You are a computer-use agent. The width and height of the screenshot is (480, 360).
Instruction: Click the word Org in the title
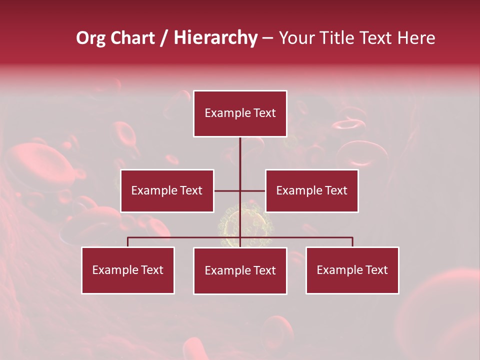[x=91, y=38]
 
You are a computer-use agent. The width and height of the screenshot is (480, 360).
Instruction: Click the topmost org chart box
[x=240, y=113]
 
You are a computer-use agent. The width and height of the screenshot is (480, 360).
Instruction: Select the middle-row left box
[x=167, y=190]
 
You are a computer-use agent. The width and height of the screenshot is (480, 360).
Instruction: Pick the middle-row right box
[x=311, y=190]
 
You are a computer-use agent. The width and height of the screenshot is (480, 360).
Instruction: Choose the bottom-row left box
[x=128, y=270]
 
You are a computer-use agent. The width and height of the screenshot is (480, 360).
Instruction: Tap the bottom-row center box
[x=240, y=270]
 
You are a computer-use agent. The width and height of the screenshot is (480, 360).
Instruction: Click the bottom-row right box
[x=352, y=270]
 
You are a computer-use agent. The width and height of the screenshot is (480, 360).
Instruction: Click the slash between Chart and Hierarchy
[x=164, y=38]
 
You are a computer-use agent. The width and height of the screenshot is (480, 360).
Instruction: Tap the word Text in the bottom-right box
[x=376, y=270]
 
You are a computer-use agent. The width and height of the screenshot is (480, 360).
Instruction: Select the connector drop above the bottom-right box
[x=352, y=242]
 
